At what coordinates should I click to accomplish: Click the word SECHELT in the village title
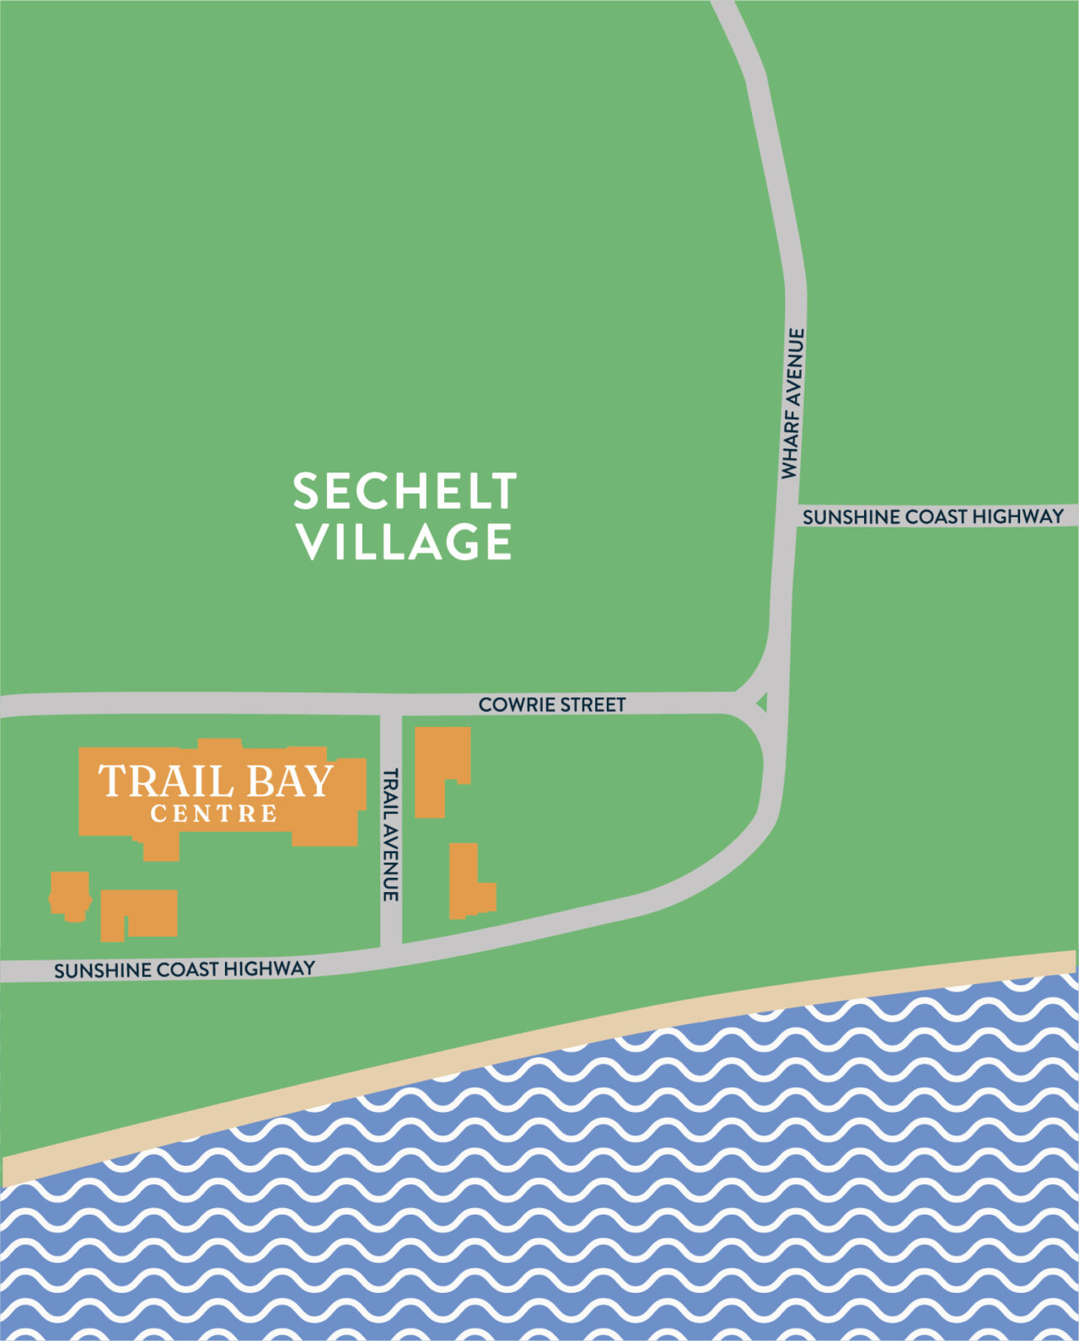405,491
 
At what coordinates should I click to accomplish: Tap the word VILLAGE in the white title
405,542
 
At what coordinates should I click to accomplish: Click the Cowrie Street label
552,704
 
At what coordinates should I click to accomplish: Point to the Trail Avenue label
389,834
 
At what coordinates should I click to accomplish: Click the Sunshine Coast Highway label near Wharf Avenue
932,516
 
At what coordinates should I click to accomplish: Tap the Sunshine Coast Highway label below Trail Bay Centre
185,970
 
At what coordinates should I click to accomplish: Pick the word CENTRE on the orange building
214,815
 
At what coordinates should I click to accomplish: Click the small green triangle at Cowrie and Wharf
762,701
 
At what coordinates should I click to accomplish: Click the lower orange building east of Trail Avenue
467,884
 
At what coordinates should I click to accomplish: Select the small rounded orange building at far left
71,896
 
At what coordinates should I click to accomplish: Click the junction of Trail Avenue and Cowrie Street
390,704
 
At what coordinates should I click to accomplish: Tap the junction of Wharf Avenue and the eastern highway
785,516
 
